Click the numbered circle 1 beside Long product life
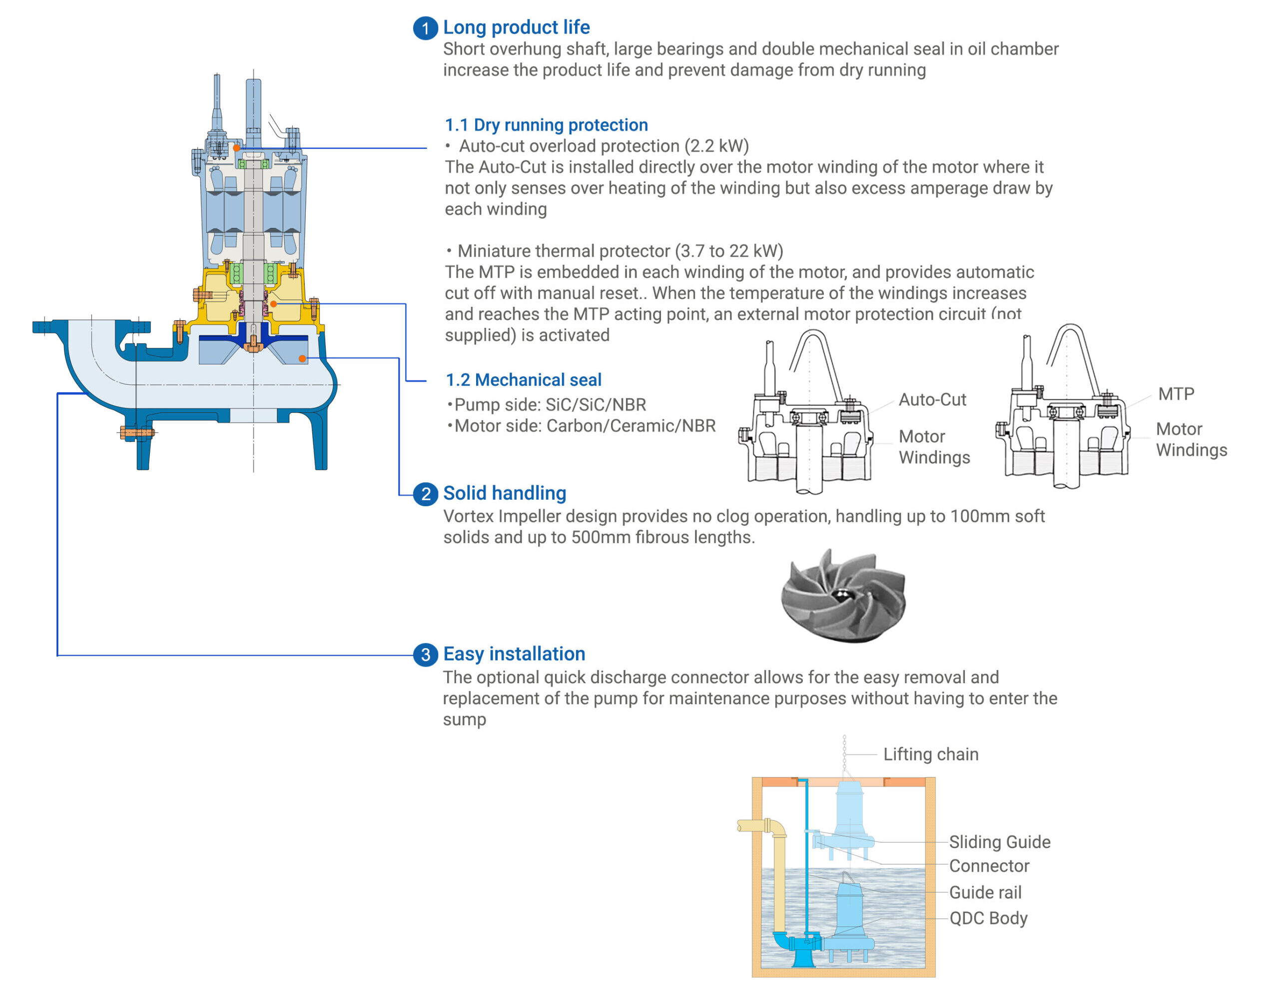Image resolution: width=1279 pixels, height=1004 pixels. click(x=425, y=28)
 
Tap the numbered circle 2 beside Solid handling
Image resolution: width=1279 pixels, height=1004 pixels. click(x=425, y=494)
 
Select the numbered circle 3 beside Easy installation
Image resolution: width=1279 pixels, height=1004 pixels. click(x=425, y=654)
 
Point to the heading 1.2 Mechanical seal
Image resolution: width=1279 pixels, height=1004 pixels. click(x=523, y=380)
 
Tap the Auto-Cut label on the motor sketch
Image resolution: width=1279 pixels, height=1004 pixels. click(x=932, y=400)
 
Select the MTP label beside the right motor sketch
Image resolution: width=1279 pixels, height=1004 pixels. click(x=1176, y=394)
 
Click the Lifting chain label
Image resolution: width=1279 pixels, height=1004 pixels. click(x=931, y=754)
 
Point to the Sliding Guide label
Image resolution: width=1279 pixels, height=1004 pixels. click(x=999, y=842)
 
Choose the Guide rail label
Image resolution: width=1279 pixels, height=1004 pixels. click(x=985, y=893)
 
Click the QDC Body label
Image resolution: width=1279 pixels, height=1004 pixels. click(x=988, y=918)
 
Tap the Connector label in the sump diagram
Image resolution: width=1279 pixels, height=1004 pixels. click(x=989, y=866)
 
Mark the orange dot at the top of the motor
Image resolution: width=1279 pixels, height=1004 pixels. click(x=236, y=147)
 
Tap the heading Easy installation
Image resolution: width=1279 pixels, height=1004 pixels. click(x=514, y=654)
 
